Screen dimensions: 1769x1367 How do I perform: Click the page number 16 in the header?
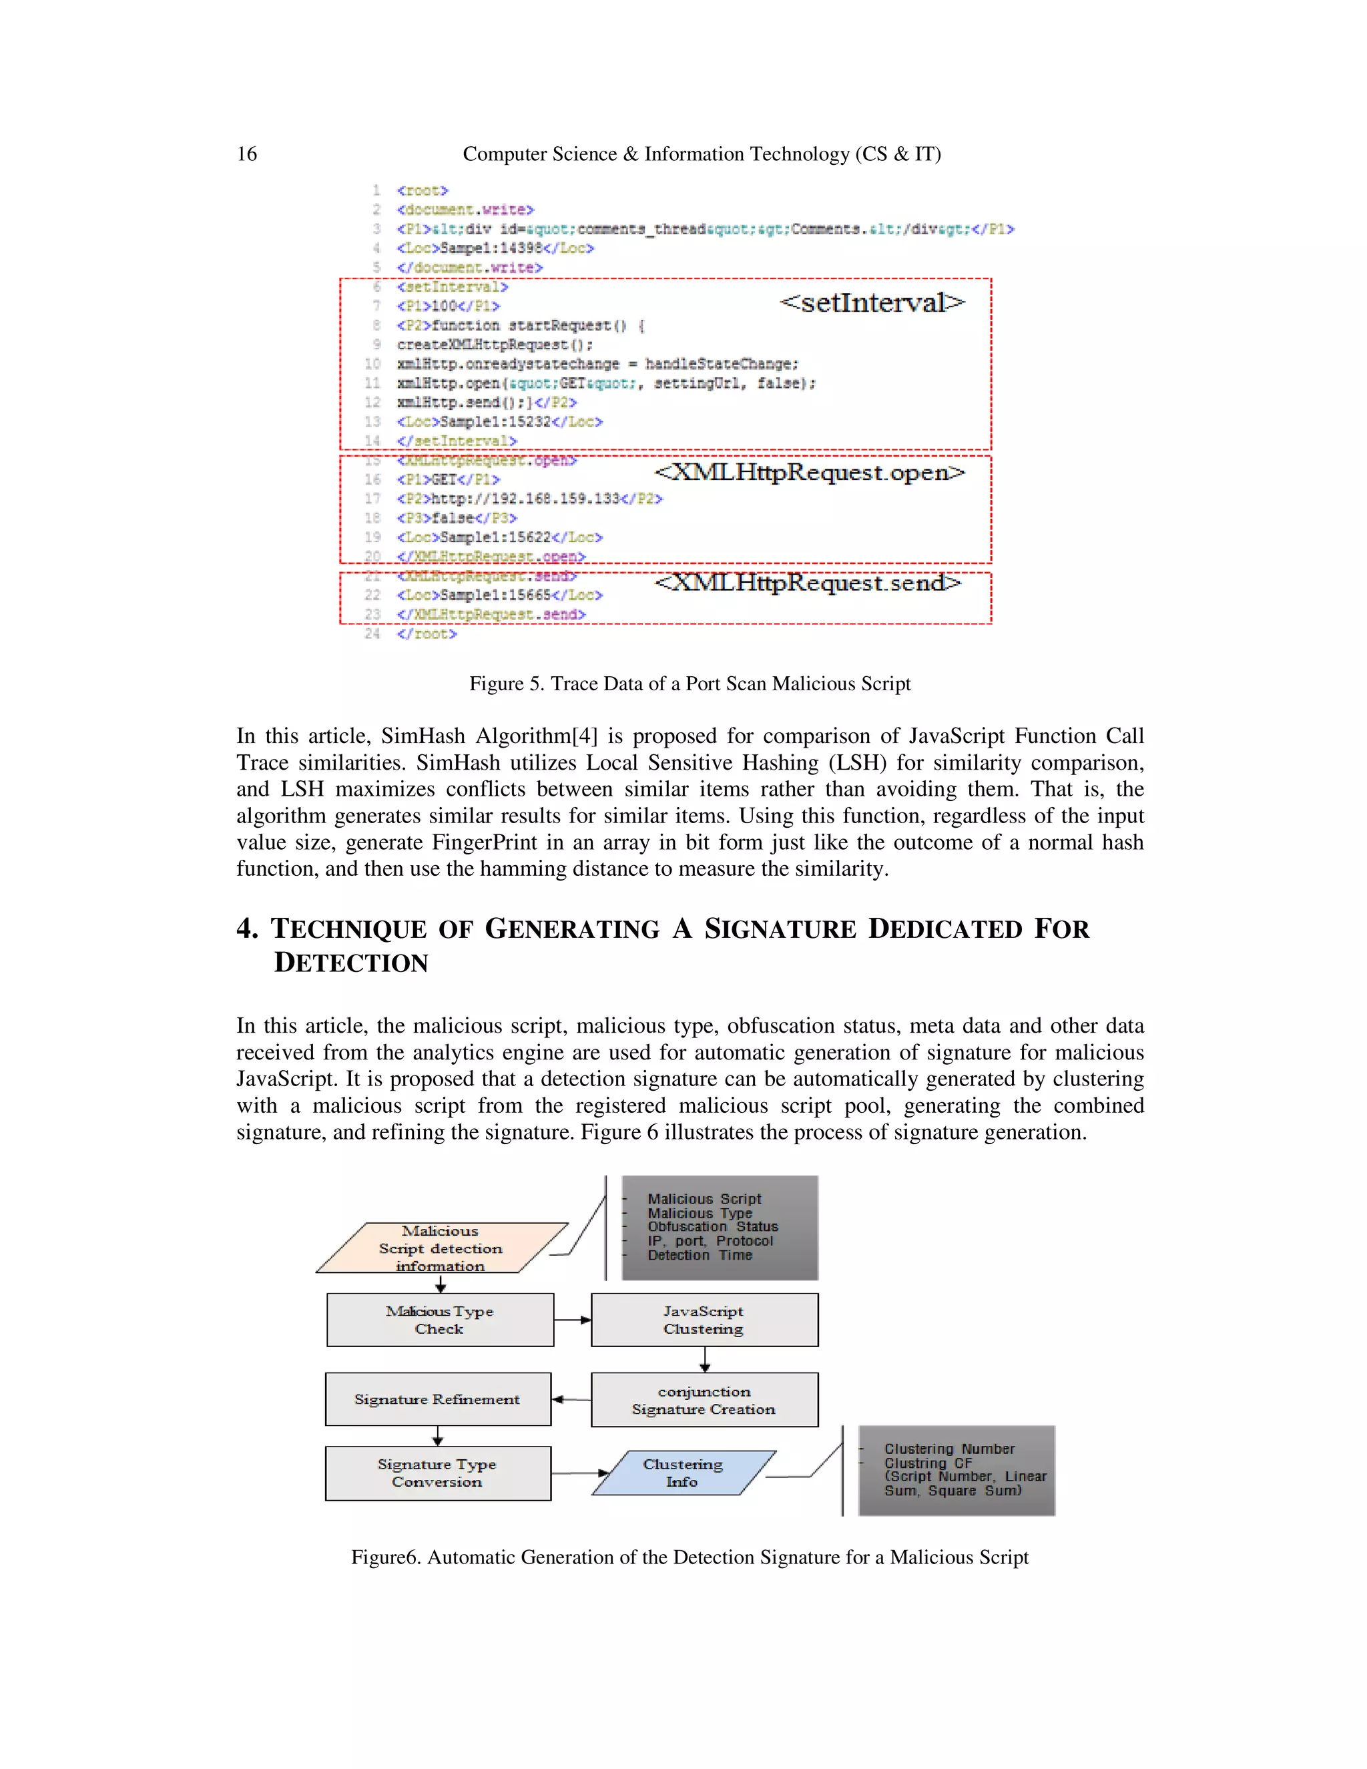click(246, 154)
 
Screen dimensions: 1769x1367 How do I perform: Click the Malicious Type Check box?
click(440, 1320)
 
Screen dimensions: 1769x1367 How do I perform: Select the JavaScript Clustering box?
click(704, 1320)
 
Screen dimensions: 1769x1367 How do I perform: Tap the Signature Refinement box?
click(437, 1399)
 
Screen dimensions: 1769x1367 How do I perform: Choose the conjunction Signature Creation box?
click(704, 1400)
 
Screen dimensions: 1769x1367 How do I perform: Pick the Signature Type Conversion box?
click(437, 1473)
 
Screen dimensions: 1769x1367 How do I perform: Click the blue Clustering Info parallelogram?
click(683, 1473)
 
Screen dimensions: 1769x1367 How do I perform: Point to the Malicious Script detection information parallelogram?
click(441, 1248)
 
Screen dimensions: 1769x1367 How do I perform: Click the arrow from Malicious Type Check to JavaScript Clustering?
click(573, 1320)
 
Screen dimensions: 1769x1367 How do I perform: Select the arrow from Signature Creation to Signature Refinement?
click(571, 1399)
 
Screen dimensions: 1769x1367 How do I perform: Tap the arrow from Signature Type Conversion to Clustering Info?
click(579, 1473)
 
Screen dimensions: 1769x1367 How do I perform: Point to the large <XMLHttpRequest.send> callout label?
click(808, 582)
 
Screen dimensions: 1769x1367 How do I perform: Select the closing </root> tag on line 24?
click(427, 634)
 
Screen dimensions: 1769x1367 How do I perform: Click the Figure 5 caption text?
click(690, 684)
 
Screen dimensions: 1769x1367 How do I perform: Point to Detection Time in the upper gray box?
click(700, 1255)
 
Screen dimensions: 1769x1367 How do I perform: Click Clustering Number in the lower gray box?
click(949, 1449)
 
